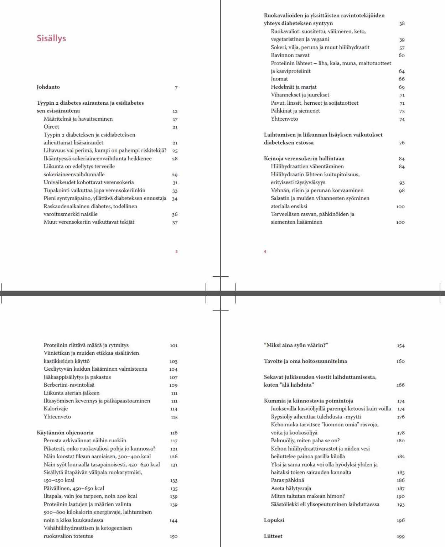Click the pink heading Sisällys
coord(51,38)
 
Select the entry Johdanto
coord(48,87)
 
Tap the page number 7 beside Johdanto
coord(176,88)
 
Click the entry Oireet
coord(51,127)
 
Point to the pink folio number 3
coord(176,252)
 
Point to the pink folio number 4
coord(265,252)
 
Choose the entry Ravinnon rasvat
coord(290,55)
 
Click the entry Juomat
coord(279,79)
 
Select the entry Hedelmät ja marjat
coord(294,87)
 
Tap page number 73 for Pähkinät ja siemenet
coord(402,111)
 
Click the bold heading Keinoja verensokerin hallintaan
coord(304,158)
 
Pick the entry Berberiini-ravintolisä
coord(69,385)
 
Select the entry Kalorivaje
coord(56,409)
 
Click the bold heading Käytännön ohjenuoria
coord(65,433)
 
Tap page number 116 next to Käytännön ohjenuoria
coord(174,433)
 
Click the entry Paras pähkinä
coord(287,480)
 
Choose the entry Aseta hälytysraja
coord(291,488)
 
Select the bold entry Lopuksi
coord(274,520)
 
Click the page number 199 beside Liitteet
coord(401,536)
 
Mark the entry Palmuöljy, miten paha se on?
coord(305,441)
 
